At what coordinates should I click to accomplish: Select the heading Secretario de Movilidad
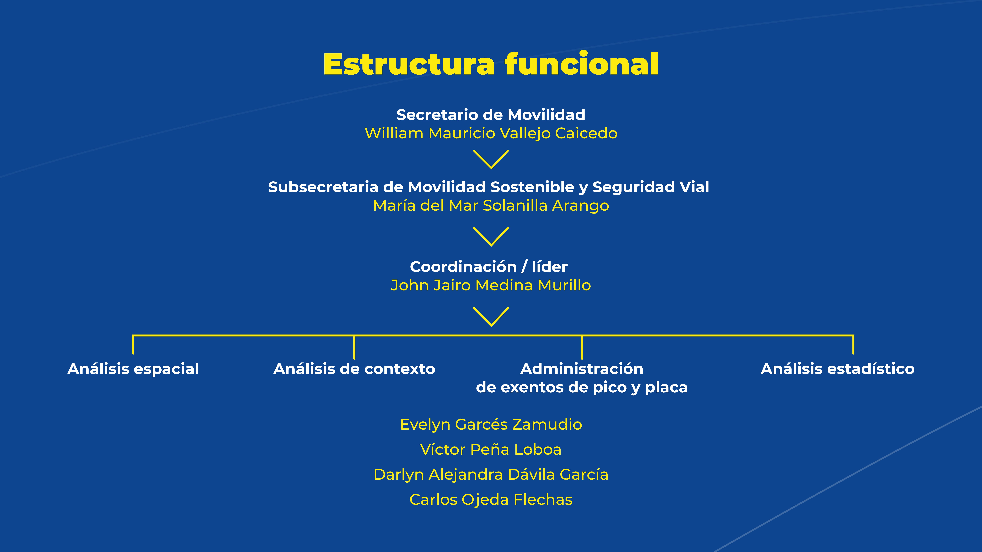pyautogui.click(x=491, y=115)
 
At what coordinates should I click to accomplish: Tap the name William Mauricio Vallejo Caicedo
pyautogui.click(x=491, y=133)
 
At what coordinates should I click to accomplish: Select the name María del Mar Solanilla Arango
pyautogui.click(x=491, y=206)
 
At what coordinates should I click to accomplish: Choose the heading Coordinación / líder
pyautogui.click(x=488, y=267)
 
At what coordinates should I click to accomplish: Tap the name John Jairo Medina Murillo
pyautogui.click(x=491, y=285)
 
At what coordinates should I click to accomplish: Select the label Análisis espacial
pyautogui.click(x=133, y=369)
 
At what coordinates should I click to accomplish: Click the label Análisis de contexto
pyautogui.click(x=354, y=369)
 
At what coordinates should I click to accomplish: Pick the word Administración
pyautogui.click(x=582, y=369)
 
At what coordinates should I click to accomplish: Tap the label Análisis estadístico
pyautogui.click(x=838, y=369)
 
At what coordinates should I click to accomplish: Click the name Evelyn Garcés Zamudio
pyautogui.click(x=491, y=424)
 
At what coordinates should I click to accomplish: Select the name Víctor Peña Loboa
pyautogui.click(x=491, y=450)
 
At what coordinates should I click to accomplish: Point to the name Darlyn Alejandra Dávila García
pyautogui.click(x=491, y=475)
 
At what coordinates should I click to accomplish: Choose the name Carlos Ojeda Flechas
pyautogui.click(x=491, y=500)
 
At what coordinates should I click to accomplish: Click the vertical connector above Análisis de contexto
pyautogui.click(x=354, y=347)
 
